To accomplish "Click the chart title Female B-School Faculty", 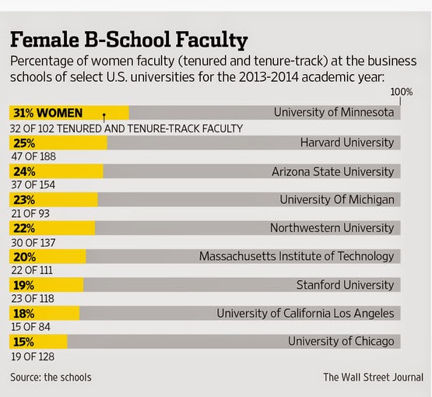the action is pos(129,40).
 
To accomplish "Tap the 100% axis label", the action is pos(401,92).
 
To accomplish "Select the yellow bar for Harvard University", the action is pos(58,142).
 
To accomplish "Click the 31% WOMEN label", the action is pos(48,113).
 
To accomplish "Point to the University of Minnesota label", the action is pos(334,112).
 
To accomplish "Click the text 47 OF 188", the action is pos(33,156).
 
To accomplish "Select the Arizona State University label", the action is pos(333,172).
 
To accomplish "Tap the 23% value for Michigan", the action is pos(24,200).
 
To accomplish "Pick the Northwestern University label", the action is pos(332,228).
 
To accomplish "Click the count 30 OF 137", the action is pos(33,243).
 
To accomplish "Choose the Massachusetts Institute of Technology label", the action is pos(297,257).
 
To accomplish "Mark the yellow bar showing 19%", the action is pos(46,285).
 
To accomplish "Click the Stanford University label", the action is pos(346,285).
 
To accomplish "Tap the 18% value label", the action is pos(24,314).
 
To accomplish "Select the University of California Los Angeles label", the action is pos(305,314).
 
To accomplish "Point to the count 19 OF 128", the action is pos(33,357).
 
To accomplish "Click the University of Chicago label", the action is pos(341,342).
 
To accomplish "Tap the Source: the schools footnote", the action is pos(51,378).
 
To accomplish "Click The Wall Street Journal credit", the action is pos(374,378).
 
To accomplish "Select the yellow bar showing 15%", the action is pos(38,342).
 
